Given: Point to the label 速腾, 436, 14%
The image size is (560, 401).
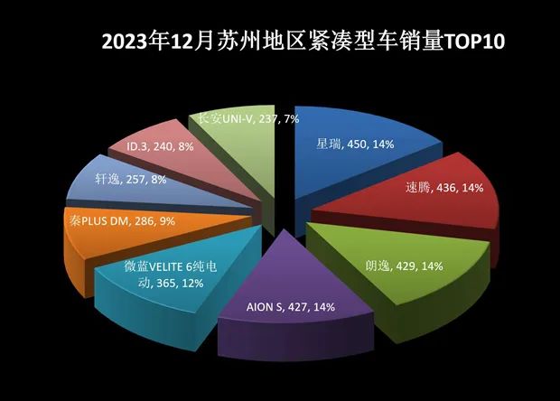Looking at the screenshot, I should (x=444, y=188).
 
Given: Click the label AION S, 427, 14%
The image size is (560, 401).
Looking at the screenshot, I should (x=291, y=307).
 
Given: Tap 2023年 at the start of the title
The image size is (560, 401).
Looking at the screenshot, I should (x=138, y=42).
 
